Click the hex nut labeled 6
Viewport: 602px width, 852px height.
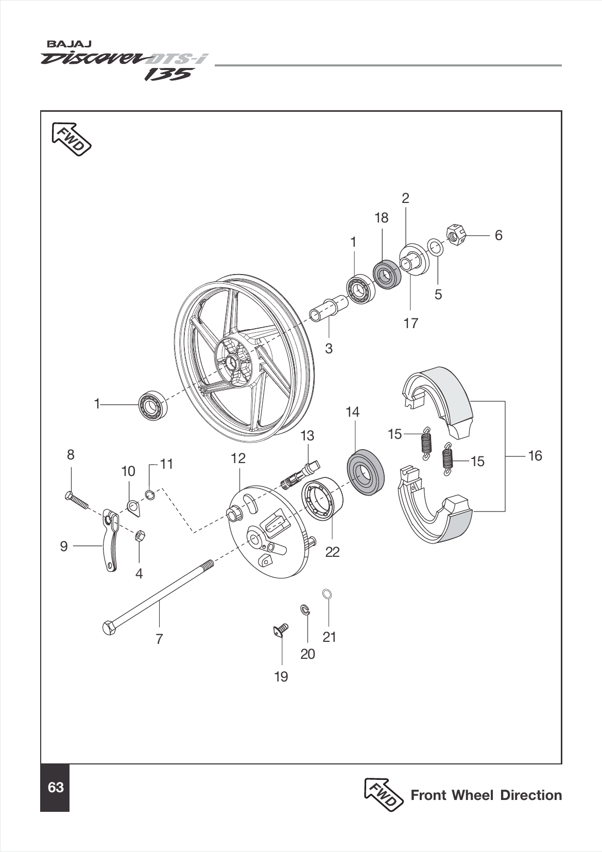pos(455,235)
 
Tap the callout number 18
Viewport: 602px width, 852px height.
pos(381,218)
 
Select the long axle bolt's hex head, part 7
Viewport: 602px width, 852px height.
pos(109,628)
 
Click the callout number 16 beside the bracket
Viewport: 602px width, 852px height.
pos(535,455)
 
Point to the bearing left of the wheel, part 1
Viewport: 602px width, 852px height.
pos(152,405)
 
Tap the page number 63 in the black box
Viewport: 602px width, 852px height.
pos(55,788)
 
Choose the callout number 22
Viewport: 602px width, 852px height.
pos(332,552)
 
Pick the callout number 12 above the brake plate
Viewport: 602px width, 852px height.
pos(238,458)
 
